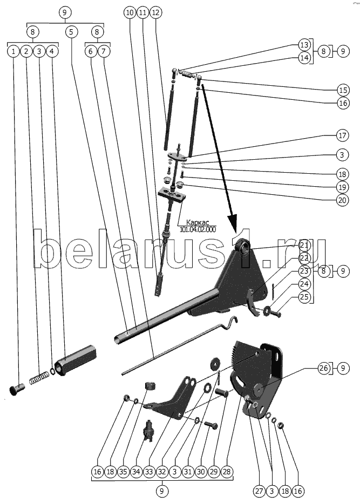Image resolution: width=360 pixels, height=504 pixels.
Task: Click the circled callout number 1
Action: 13,51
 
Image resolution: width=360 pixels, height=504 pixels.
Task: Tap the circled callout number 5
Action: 71,32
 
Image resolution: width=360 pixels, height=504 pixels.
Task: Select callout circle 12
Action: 155,13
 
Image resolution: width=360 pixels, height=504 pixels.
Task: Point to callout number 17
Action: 343,135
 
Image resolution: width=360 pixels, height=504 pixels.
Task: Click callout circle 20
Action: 343,200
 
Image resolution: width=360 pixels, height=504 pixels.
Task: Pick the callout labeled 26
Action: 324,367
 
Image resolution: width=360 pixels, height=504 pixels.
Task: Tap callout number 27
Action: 259,491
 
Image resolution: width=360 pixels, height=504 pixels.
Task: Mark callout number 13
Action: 304,45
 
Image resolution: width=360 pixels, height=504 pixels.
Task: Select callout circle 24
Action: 304,284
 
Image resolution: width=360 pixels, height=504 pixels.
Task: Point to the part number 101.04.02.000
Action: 198,230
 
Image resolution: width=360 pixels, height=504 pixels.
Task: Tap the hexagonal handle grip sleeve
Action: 76,360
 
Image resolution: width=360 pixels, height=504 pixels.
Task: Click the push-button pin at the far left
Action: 16,389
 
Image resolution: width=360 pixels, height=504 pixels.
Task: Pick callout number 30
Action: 201,472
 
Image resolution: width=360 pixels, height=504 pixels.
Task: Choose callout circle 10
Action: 130,13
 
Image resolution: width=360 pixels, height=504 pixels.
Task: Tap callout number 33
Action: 149,472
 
